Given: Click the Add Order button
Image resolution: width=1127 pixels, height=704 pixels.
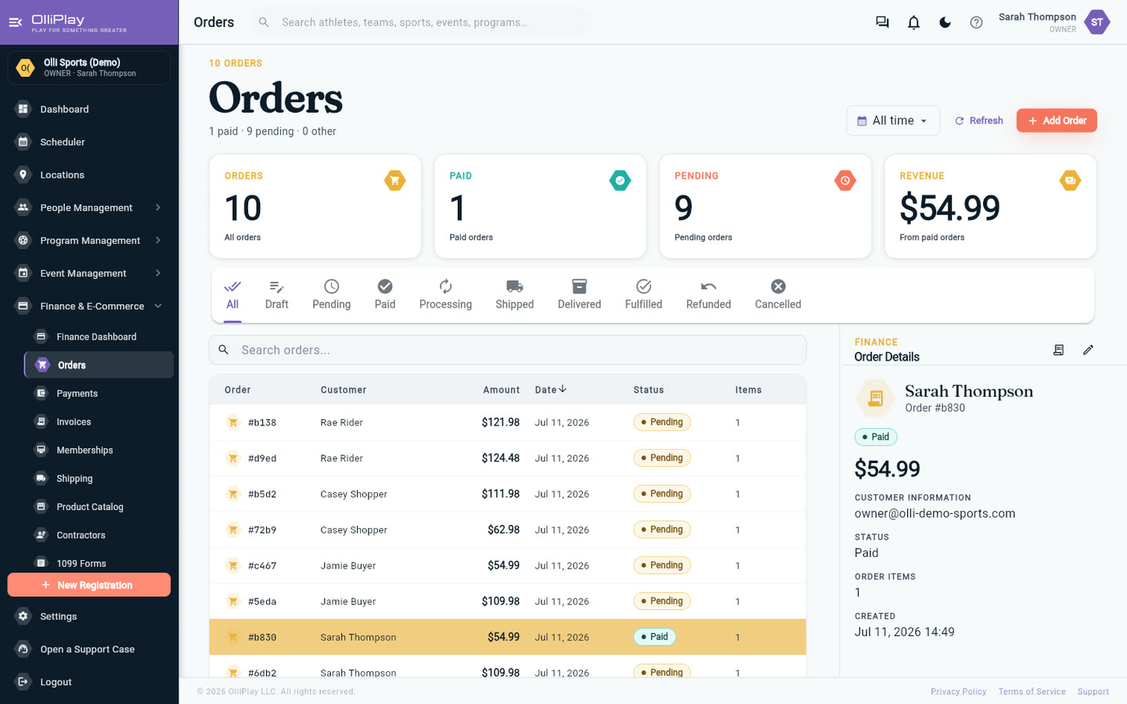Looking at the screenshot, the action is pyautogui.click(x=1056, y=120).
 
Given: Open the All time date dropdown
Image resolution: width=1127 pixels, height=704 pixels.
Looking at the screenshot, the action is pyautogui.click(x=892, y=120).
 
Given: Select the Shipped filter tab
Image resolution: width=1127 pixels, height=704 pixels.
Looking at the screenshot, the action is pyautogui.click(x=514, y=295).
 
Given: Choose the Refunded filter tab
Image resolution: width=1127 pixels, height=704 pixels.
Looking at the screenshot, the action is pyautogui.click(x=708, y=295).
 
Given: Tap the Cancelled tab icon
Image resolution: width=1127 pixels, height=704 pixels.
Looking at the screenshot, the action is pyautogui.click(x=778, y=286).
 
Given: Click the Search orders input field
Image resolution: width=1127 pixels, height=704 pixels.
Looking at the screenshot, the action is pyautogui.click(x=508, y=350).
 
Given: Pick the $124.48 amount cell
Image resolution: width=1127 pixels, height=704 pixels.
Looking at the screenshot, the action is pyautogui.click(x=500, y=458).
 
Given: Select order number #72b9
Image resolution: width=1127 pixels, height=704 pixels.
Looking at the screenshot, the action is pyautogui.click(x=262, y=530).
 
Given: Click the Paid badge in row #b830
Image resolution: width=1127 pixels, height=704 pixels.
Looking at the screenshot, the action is pyautogui.click(x=654, y=637).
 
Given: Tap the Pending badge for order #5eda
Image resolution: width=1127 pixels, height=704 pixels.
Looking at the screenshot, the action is pyautogui.click(x=661, y=602).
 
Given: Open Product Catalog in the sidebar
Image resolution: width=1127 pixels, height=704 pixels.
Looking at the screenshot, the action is pyautogui.click(x=89, y=507).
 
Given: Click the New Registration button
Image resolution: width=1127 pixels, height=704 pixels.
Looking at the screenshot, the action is pyautogui.click(x=89, y=585).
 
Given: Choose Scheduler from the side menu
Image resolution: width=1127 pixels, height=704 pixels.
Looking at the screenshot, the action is pyautogui.click(x=63, y=142).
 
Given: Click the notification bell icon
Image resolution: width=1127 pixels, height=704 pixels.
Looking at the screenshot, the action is pyautogui.click(x=913, y=23).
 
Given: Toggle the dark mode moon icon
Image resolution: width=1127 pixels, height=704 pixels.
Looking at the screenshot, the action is pyautogui.click(x=945, y=23).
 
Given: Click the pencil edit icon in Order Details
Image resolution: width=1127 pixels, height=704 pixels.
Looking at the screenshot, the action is pyautogui.click(x=1088, y=350).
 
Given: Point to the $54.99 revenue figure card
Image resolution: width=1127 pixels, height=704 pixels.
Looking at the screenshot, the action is pyautogui.click(x=990, y=207).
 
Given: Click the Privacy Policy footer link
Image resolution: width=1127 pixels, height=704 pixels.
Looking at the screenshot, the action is pyautogui.click(x=958, y=691).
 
